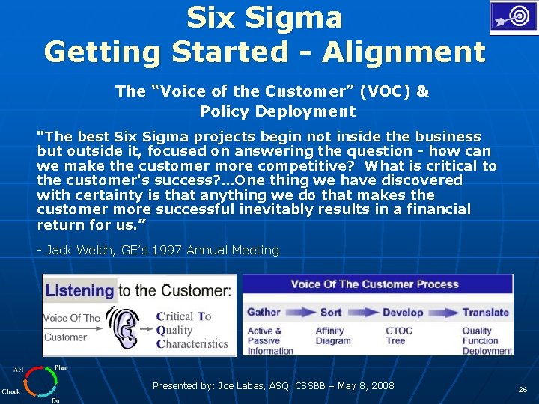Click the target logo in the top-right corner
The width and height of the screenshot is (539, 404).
click(x=513, y=17)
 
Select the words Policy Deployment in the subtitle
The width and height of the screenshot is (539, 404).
click(x=278, y=111)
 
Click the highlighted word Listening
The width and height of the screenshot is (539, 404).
click(x=79, y=290)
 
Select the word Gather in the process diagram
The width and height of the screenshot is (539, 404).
click(x=264, y=313)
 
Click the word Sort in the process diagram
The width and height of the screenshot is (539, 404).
click(x=331, y=313)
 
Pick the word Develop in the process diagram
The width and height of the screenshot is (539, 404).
click(x=403, y=313)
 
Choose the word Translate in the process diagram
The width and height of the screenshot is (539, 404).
click(x=484, y=313)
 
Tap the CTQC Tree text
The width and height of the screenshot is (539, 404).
click(x=398, y=336)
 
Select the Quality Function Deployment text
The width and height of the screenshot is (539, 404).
click(x=487, y=340)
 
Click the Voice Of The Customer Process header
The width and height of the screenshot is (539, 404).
click(x=374, y=284)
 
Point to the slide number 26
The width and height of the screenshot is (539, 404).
click(x=522, y=390)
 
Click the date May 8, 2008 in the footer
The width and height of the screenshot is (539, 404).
click(x=365, y=386)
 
